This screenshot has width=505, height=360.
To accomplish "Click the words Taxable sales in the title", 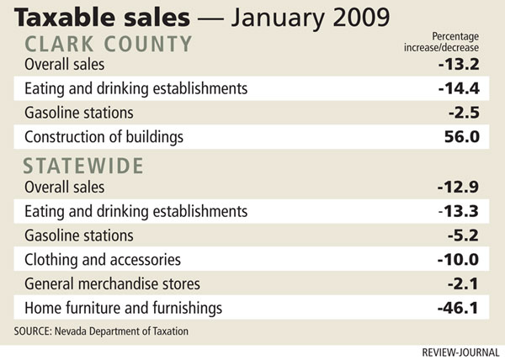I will click(x=87, y=16).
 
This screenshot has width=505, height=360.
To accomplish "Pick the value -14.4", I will click(x=462, y=88).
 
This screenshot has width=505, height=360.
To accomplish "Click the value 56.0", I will click(x=465, y=136).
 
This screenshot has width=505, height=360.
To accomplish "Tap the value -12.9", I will click(x=462, y=188).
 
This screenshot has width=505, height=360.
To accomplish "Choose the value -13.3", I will click(x=462, y=211).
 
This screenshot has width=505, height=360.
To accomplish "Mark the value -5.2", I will click(x=465, y=236).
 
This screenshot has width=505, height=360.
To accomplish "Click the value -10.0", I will click(x=462, y=260).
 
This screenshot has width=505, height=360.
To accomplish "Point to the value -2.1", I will click(x=465, y=283).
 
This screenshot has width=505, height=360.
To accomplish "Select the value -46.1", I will click(x=462, y=308).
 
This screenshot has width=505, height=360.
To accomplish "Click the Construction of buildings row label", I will click(x=104, y=136).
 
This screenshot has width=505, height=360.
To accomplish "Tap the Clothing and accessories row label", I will click(x=103, y=260).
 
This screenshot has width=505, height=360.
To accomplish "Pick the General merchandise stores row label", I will click(x=110, y=283).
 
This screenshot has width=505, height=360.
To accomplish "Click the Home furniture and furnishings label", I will click(x=123, y=308).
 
